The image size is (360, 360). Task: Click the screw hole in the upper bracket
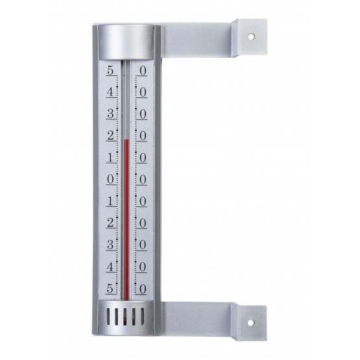[251, 36]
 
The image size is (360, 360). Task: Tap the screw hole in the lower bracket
[251, 322]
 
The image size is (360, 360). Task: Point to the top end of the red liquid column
[126, 140]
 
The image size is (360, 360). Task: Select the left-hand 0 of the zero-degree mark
[110, 179]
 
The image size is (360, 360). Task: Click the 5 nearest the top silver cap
[110, 70]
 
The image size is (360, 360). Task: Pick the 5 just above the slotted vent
[110, 289]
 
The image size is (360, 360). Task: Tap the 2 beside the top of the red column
[110, 136]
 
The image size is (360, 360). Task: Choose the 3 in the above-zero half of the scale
[110, 114]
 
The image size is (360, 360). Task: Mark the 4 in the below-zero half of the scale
[110, 267]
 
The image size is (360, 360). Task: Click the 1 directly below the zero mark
[110, 201]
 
